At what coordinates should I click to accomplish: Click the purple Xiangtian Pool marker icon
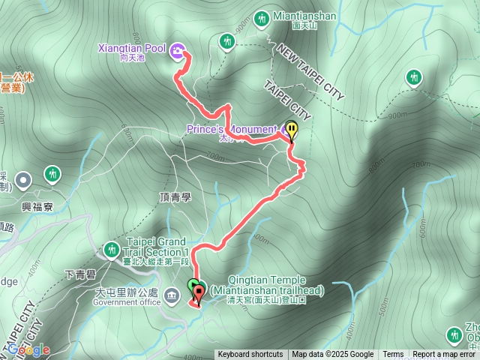pyautogui.click(x=177, y=50)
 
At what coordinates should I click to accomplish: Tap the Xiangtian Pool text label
pyautogui.click(x=132, y=49)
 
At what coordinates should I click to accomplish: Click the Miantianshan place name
pyautogui.click(x=305, y=15)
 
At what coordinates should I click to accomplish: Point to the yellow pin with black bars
pyautogui.click(x=291, y=130)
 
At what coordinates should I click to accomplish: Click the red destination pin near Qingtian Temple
pyautogui.click(x=198, y=293)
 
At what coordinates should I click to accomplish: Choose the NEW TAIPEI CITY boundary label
pyautogui.click(x=310, y=72)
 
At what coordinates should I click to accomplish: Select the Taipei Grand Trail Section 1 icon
pyautogui.click(x=112, y=248)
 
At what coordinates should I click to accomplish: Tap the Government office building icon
pyautogui.click(x=172, y=293)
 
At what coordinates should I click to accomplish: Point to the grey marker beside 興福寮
pyautogui.click(x=23, y=180)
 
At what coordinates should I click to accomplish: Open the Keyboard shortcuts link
pyautogui.click(x=250, y=355)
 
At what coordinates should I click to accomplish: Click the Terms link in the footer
pyautogui.click(x=393, y=355)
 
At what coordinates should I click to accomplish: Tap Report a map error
pyautogui.click(x=445, y=355)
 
